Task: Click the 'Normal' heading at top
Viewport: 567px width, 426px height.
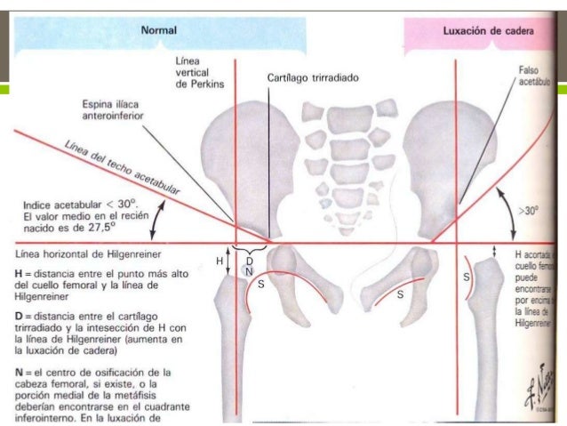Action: [x=159, y=30]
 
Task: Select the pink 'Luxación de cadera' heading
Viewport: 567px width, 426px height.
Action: [x=487, y=30]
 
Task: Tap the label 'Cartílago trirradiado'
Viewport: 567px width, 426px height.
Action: [x=313, y=78]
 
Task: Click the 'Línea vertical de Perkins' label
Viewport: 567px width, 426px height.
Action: [x=198, y=71]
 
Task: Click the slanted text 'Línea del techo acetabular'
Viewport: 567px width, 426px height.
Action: [x=123, y=165]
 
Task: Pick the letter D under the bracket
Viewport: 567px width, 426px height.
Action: [x=249, y=261]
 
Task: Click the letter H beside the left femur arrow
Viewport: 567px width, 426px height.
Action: [x=220, y=261]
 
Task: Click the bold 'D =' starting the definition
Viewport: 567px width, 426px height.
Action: [x=24, y=316]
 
